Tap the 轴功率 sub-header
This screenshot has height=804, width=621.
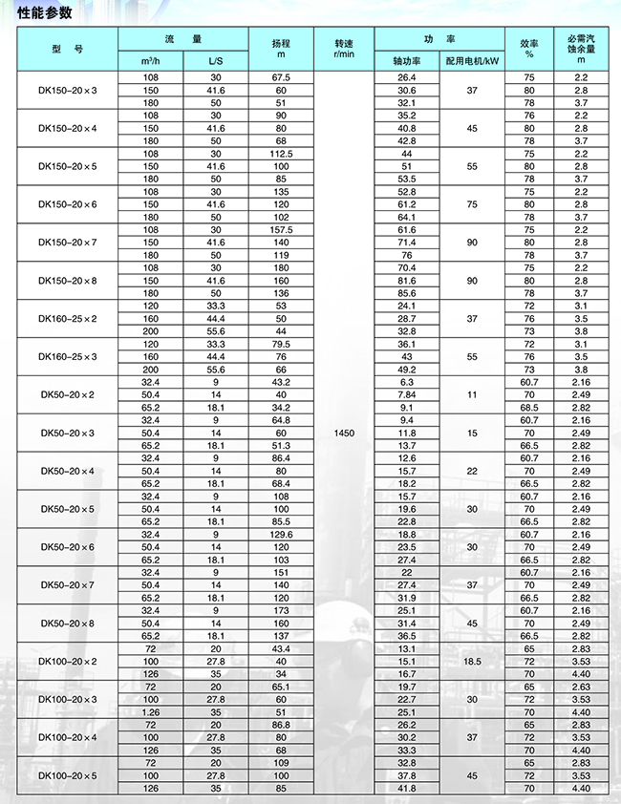[x=407, y=60]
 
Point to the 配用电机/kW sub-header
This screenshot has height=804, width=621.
[x=472, y=60]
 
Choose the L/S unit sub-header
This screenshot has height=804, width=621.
[x=216, y=60]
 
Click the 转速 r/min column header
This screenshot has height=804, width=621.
[x=345, y=49]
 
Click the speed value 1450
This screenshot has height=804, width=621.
[x=345, y=433]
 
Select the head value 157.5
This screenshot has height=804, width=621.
[x=281, y=229]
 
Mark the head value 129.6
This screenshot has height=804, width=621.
[x=281, y=534]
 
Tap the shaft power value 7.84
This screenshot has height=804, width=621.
[x=407, y=394]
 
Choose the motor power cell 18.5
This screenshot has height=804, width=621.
[x=472, y=661]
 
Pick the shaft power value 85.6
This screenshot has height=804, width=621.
[x=407, y=292]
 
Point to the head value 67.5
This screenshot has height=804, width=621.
[x=281, y=76]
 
